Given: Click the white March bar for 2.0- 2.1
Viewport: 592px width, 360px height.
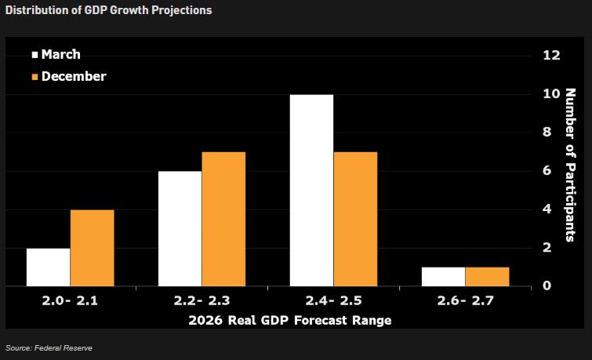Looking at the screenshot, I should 48,267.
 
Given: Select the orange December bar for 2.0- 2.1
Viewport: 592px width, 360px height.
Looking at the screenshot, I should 92,248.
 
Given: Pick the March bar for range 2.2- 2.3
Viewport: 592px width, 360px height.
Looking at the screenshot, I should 180,229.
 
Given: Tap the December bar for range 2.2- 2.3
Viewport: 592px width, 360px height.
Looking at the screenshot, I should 223,220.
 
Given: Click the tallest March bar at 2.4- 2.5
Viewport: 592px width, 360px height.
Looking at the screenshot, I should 311,191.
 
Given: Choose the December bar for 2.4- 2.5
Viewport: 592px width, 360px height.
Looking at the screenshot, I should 355,220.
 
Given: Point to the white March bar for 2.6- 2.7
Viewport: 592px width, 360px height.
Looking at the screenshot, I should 443,277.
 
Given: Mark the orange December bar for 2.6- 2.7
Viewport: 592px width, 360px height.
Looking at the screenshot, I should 487,277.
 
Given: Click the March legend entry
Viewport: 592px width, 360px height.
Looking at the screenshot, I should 56,55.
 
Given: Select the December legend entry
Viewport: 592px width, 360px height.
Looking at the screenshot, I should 68,76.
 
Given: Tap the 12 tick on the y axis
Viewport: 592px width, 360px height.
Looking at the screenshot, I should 551,55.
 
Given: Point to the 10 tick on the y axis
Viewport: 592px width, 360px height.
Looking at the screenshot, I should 551,93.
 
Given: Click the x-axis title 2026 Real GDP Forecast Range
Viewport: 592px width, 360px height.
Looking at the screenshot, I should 289,320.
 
